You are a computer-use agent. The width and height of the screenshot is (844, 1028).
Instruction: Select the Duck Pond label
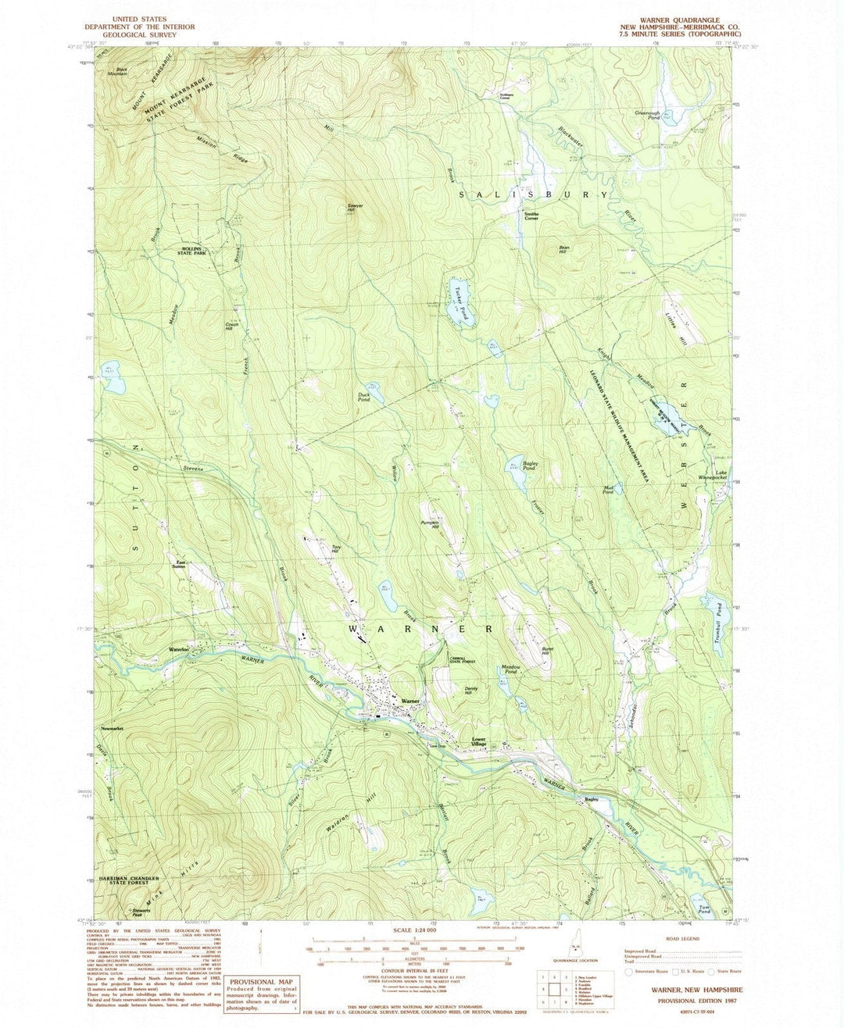coord(364,396)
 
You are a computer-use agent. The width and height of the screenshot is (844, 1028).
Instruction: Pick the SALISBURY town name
coord(533,194)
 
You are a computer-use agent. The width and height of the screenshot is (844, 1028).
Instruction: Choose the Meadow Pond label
coord(509,669)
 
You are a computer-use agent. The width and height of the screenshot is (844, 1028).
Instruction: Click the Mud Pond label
coord(608,491)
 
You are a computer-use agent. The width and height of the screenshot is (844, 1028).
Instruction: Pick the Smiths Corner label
coord(531,216)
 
